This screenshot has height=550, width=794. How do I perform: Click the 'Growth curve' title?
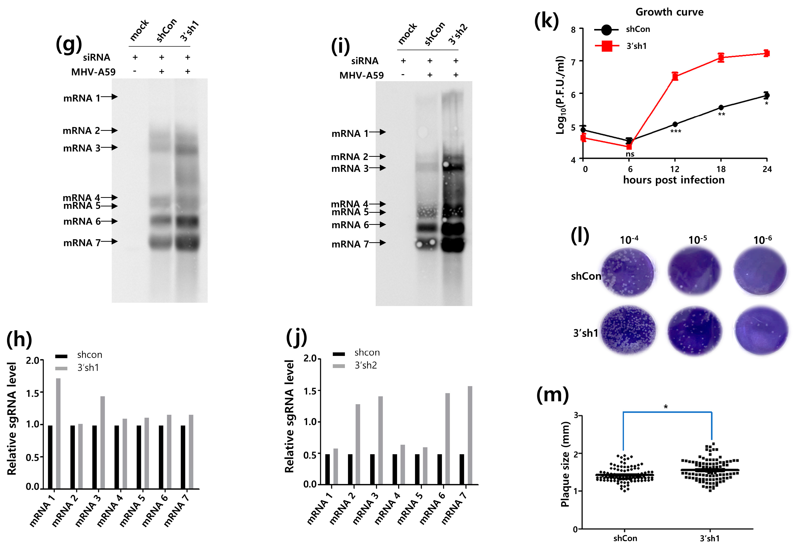pos(669,12)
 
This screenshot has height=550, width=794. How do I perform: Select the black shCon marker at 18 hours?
pos(721,108)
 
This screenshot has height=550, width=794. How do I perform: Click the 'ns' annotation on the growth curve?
pos(630,154)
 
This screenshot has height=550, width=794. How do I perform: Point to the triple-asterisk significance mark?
pos(676,131)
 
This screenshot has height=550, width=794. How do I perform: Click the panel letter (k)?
pos(546,21)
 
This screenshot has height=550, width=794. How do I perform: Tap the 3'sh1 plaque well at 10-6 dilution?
pos(761,330)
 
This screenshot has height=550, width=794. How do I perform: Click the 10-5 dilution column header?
pos(697,239)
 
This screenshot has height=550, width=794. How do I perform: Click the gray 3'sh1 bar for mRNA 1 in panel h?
pos(58,433)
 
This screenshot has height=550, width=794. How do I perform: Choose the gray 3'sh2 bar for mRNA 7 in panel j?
pos(470,435)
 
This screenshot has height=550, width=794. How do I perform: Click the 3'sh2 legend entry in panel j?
pos(366,365)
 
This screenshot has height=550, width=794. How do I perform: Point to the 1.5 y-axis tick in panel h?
pos(33,392)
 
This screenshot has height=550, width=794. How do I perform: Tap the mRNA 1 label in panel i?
pos(350,133)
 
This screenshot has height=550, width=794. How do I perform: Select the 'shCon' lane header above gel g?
pos(166,30)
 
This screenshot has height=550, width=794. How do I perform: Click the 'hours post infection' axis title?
pos(674,180)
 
